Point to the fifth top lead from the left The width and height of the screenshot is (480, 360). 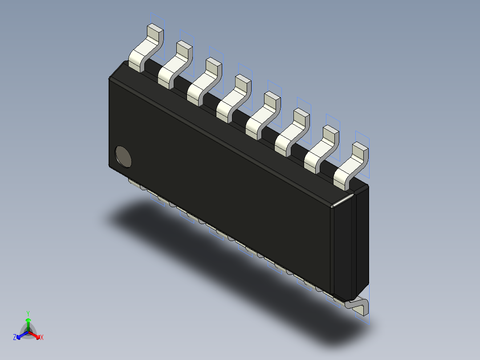[x=263, y=115]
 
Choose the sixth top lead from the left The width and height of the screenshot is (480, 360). [x=292, y=132]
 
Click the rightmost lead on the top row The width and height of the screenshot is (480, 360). [x=351, y=165]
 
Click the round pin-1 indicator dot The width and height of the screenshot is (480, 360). [x=123, y=156]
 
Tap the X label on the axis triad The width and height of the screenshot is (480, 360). [x=42, y=337]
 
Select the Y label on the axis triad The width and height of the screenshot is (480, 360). [x=28, y=313]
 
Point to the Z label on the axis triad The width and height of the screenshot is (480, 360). [x=15, y=337]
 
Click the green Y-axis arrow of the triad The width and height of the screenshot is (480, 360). [x=28, y=323]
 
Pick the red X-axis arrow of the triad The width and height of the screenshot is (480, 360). [x=36, y=335]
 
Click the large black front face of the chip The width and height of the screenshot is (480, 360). [x=223, y=187]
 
